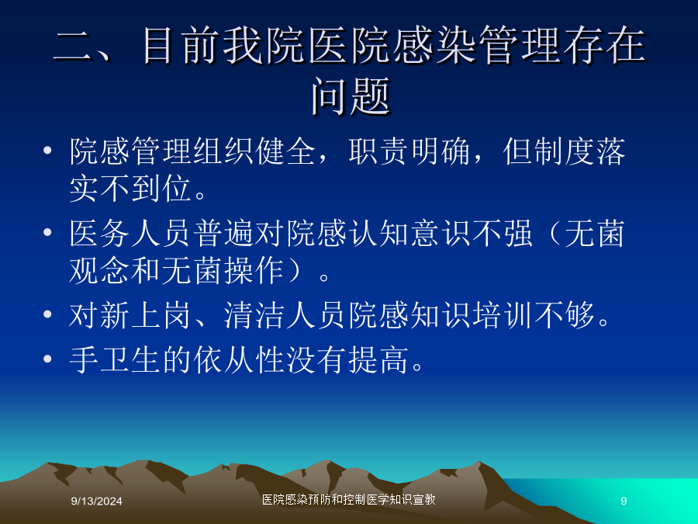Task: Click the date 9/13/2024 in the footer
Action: (97, 501)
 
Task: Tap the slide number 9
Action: (624, 501)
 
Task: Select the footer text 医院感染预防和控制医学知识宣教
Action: (348, 499)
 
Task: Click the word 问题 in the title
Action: (351, 95)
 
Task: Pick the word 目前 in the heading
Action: (181, 44)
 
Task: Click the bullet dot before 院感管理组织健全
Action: (47, 150)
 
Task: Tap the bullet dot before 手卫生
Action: (47, 358)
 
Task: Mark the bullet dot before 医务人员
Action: (47, 231)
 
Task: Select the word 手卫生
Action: (116, 359)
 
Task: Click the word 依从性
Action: (240, 359)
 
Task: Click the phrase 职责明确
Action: (410, 151)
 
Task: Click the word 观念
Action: (100, 270)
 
